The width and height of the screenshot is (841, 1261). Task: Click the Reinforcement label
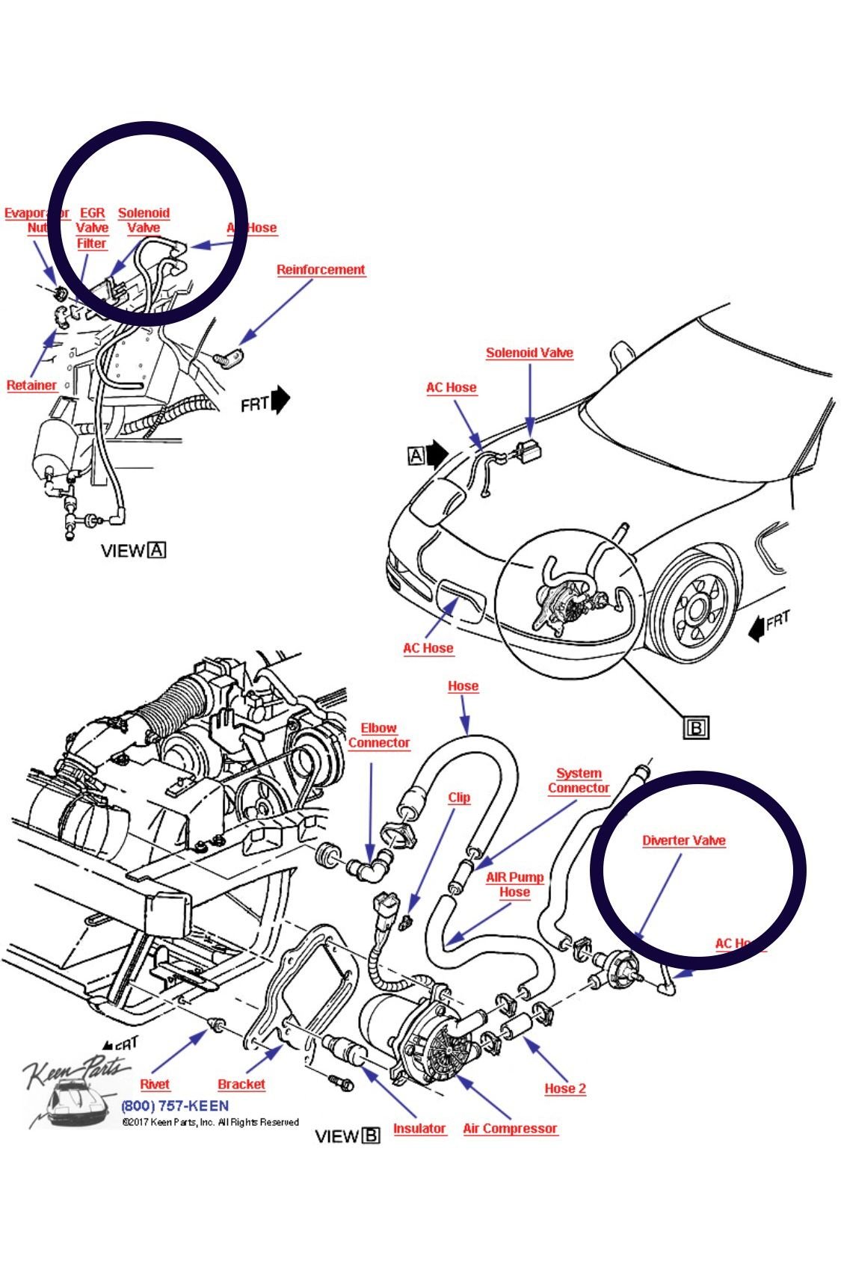321,270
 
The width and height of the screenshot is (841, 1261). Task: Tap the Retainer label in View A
31,386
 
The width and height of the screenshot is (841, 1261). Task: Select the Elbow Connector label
379,736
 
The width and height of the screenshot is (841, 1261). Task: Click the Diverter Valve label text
683,841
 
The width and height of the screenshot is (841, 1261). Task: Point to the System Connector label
579,781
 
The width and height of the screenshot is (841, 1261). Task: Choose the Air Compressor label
510,1129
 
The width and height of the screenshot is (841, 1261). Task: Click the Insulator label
419,1129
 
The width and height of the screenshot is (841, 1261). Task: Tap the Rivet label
155,1085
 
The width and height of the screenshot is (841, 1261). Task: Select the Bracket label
241,1085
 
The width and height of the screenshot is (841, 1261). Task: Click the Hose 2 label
565,1088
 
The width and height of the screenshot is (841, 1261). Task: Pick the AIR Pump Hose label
515,885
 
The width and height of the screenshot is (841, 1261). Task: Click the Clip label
459,798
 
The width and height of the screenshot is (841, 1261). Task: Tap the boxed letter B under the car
696,727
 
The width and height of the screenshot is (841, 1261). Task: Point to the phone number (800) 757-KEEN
175,1106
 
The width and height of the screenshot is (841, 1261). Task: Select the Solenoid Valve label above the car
529,353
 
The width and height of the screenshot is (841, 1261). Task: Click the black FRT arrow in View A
280,400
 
